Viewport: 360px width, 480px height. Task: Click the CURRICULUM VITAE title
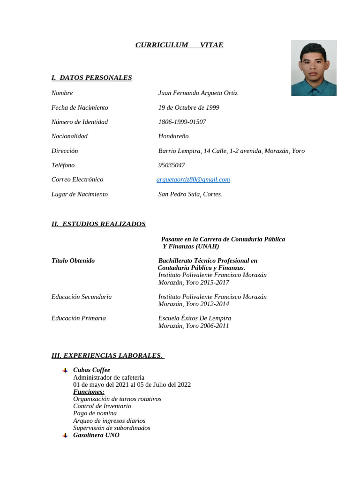tap(179, 45)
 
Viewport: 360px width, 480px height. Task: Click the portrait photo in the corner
tap(314, 68)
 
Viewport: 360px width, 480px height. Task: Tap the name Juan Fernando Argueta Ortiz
tap(198, 93)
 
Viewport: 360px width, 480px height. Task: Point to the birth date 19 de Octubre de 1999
tap(189, 107)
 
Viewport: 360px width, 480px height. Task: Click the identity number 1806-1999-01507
tap(182, 122)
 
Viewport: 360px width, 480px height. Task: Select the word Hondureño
tap(174, 136)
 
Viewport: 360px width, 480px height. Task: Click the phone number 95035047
tap(172, 165)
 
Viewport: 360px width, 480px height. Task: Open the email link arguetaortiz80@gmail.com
tap(193, 180)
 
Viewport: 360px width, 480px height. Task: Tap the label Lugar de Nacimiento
tap(80, 194)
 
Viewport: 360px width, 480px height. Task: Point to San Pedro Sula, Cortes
tap(190, 194)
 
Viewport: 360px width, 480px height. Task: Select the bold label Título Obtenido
tap(73, 261)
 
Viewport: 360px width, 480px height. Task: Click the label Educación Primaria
tap(79, 318)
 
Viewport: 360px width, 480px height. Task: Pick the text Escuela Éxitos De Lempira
tap(195, 318)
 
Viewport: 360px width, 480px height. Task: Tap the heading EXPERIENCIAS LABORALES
tap(108, 356)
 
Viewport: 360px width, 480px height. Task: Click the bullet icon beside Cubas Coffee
tap(65, 370)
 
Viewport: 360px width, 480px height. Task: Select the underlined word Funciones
tap(89, 392)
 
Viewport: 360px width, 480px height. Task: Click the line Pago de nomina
tap(95, 413)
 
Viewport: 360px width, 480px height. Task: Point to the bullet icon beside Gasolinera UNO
tap(65, 435)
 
